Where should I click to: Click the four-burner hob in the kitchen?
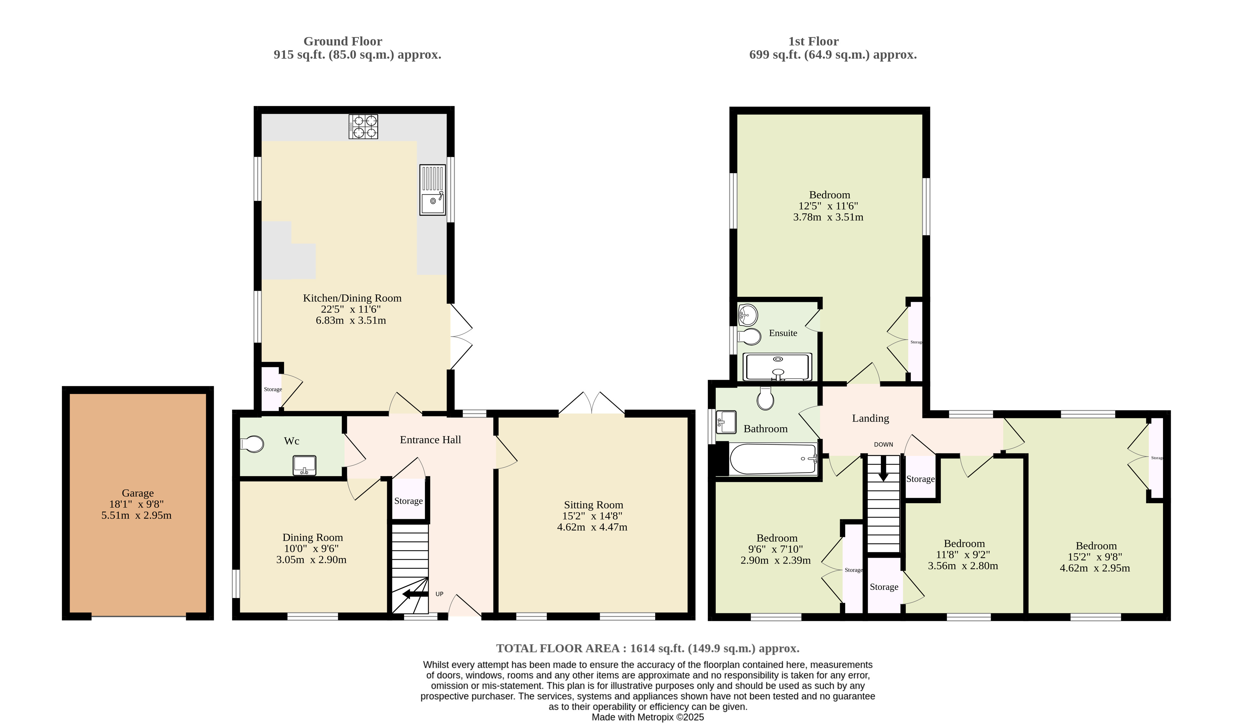click(x=363, y=126)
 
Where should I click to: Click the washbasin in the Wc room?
click(x=304, y=465)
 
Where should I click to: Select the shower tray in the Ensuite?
click(x=777, y=367)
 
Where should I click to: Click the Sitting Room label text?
click(x=594, y=505)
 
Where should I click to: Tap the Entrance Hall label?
click(x=430, y=440)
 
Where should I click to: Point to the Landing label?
click(x=871, y=418)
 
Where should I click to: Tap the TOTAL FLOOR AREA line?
click(x=648, y=648)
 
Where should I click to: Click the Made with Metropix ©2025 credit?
click(x=648, y=717)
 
